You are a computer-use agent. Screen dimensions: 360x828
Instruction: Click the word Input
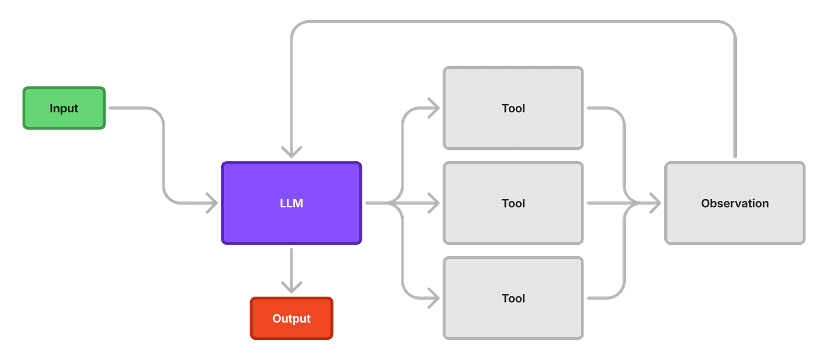(64, 108)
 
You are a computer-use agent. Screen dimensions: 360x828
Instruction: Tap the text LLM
(291, 204)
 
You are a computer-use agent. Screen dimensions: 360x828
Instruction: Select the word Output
(291, 319)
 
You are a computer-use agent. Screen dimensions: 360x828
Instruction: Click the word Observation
(734, 204)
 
